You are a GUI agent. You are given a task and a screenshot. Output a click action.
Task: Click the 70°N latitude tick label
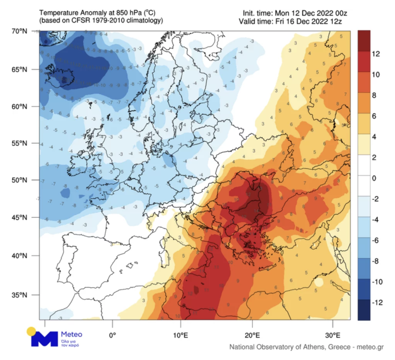(x=19, y=31)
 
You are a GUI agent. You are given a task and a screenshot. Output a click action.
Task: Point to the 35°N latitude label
(x=19, y=295)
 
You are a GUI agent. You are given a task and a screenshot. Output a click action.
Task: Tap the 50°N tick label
(x=19, y=180)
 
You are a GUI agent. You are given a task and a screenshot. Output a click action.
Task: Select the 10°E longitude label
(x=180, y=335)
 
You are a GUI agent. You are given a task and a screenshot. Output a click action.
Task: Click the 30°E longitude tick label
(x=333, y=335)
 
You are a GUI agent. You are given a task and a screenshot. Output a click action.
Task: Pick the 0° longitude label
(x=113, y=335)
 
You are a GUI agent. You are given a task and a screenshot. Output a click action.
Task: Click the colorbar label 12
(x=376, y=54)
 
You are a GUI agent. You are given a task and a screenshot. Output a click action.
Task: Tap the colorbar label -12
(x=377, y=302)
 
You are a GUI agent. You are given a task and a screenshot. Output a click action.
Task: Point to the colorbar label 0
(x=374, y=178)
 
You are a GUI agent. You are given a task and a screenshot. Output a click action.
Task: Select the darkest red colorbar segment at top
(x=364, y=41)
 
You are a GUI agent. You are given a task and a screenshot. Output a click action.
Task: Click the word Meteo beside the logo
(x=72, y=334)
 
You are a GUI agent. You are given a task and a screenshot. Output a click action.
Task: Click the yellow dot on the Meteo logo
(x=31, y=331)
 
